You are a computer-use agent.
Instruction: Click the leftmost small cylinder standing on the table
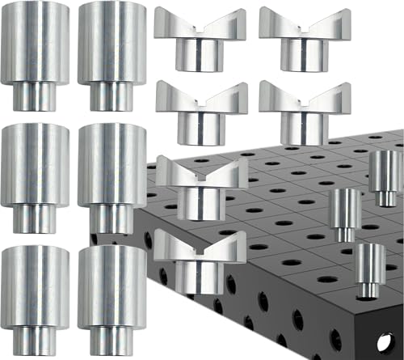click(343, 214)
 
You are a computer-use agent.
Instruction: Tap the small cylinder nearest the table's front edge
click(370, 267)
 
